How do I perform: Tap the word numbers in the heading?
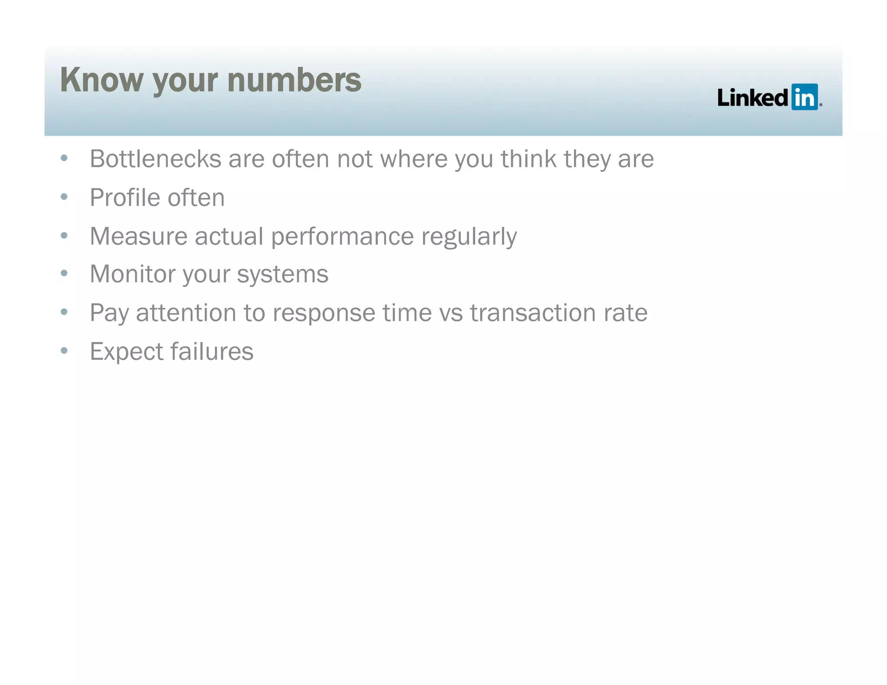294,80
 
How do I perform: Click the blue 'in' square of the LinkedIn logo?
804,97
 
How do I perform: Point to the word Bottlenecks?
155,159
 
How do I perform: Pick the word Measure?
138,236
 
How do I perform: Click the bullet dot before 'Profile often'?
65,197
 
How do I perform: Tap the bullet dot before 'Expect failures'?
65,350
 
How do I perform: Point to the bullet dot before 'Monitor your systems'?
65,273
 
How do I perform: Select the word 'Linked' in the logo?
752,97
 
